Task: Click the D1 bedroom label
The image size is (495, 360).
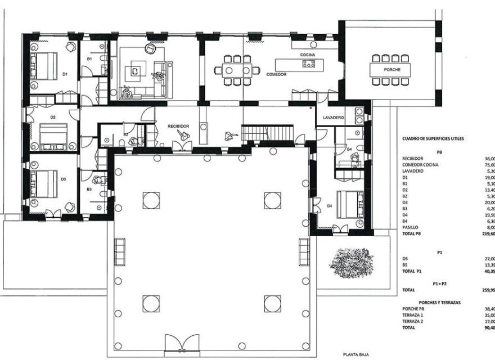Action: pos(64,74)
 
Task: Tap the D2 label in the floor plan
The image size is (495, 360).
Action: pos(52,117)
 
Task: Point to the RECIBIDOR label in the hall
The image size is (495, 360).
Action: pos(178,127)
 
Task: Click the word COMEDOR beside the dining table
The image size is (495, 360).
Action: pos(277,74)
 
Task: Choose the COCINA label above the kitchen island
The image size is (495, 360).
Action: pos(307,55)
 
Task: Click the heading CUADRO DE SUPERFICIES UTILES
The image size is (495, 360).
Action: pos(433,138)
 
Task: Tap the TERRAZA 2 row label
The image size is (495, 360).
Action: pos(415,321)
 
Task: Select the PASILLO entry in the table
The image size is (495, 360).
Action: pos(412,227)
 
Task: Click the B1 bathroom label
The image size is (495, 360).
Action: pos(89,58)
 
